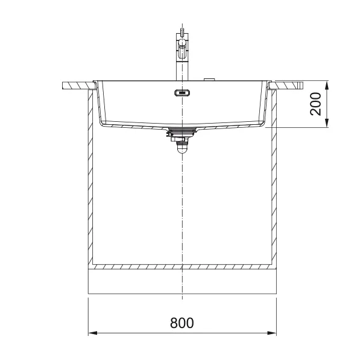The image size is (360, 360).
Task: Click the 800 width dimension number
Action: point(182,323)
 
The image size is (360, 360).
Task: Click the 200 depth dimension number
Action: point(315,104)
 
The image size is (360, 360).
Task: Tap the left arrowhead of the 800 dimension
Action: point(93,333)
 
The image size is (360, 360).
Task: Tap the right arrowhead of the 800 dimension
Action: point(272,333)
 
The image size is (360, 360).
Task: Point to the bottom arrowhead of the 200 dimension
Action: point(327,123)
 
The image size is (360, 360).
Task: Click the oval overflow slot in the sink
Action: point(182,93)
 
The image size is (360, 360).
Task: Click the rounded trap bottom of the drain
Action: point(182,150)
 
